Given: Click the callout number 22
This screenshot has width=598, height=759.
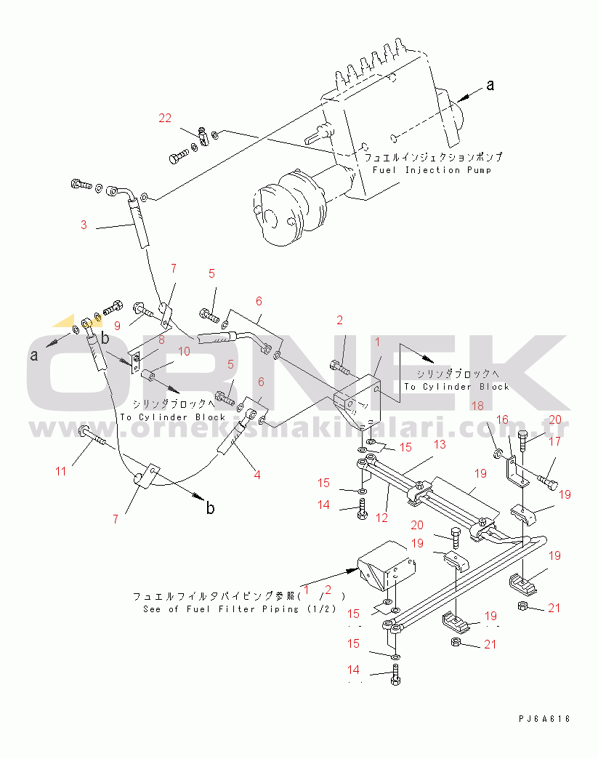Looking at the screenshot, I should pos(165,119).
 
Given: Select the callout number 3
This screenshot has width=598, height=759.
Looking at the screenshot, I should pos(84,225).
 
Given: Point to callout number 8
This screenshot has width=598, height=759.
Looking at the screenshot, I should pos(161,339).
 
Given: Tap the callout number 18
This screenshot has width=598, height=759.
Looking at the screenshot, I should pos(478,405).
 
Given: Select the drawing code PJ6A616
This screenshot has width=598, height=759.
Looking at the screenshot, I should pos(544,719).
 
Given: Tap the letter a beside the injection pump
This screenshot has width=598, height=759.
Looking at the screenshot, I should pos(490,85).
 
